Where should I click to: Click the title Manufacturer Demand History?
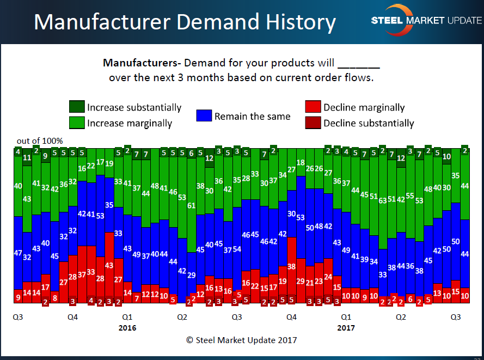(x=185, y=22)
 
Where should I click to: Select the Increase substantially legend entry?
(x=126, y=107)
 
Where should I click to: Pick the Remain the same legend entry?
(x=243, y=116)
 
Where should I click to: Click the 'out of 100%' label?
(x=40, y=141)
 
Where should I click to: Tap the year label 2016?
(x=127, y=328)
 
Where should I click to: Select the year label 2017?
(x=346, y=328)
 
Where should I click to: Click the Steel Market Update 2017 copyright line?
(x=242, y=340)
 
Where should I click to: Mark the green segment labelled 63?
(x=383, y=200)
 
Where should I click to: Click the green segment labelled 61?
(x=191, y=206)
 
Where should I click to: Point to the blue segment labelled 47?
(x=18, y=253)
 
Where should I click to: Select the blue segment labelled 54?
(x=237, y=249)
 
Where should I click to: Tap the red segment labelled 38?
(x=291, y=267)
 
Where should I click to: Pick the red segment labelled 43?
(x=109, y=265)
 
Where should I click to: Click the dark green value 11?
(x=27, y=158)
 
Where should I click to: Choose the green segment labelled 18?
(x=301, y=163)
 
